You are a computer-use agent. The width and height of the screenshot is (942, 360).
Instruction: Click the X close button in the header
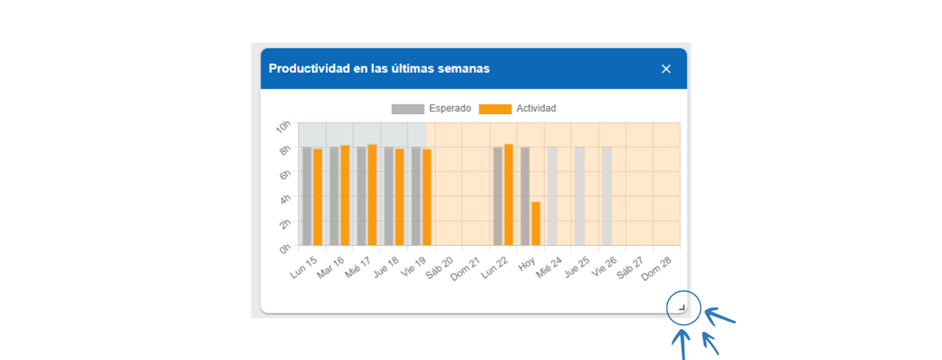coord(666,68)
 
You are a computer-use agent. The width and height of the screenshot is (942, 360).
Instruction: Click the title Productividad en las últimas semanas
coord(379,68)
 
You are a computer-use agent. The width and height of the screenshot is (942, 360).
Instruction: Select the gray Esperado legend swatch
coord(408,109)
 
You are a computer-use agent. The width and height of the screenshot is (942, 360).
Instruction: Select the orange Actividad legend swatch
coord(495,109)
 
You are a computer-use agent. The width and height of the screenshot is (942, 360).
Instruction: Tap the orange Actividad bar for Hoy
coord(536,223)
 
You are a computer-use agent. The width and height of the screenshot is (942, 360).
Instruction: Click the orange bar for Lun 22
coord(509,195)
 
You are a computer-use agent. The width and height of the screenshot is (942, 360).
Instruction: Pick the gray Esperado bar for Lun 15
coord(307,196)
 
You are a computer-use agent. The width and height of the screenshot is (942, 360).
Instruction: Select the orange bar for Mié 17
coord(372,195)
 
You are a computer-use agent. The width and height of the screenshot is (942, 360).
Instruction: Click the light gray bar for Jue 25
coord(580,196)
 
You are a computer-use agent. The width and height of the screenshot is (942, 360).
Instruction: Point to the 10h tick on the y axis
coord(283,127)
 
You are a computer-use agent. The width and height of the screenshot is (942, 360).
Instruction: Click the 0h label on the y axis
coord(284,249)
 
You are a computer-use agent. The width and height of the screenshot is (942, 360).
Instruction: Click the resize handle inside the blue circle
coord(682,308)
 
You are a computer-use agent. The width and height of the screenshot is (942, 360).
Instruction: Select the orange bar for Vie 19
coord(427,197)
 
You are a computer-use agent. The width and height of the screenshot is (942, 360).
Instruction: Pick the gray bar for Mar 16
coord(334,196)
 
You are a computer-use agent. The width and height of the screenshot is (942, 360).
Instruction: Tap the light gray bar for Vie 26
coord(607,196)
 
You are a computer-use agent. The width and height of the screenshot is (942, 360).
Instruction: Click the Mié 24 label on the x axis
coord(549,267)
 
